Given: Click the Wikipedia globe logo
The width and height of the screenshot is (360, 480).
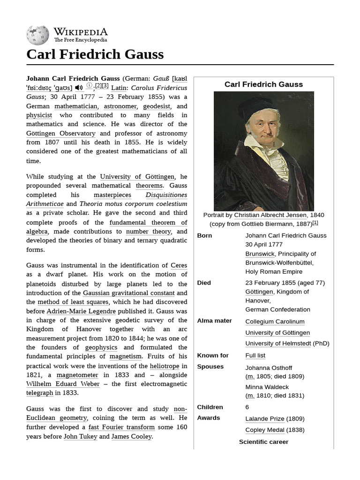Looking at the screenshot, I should (x=37, y=36).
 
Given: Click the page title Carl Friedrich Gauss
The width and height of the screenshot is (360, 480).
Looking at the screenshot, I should (x=95, y=54).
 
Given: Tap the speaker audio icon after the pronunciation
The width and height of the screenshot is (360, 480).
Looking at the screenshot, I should (x=79, y=88).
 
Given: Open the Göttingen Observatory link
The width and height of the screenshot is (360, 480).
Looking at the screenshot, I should (x=61, y=133).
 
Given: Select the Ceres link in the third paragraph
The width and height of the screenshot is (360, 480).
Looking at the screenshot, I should (x=179, y=265).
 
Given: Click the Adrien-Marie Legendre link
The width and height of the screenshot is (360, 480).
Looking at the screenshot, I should (x=81, y=311).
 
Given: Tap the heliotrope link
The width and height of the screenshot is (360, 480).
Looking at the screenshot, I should (x=165, y=366).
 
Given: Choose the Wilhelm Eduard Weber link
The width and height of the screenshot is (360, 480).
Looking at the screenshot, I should (x=63, y=384).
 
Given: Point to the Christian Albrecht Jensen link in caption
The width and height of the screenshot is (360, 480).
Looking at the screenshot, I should (x=270, y=215).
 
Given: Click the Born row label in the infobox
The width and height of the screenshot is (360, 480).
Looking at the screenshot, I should (x=204, y=235).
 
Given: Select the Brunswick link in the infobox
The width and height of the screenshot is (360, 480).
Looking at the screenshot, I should (x=260, y=254).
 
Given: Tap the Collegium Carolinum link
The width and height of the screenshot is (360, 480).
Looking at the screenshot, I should (x=275, y=322).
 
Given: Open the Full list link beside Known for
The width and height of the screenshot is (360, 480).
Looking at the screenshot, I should (x=255, y=355).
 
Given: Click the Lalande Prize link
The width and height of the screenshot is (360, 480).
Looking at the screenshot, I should (x=264, y=419).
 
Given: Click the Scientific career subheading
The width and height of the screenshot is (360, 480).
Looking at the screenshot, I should (x=263, y=442).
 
